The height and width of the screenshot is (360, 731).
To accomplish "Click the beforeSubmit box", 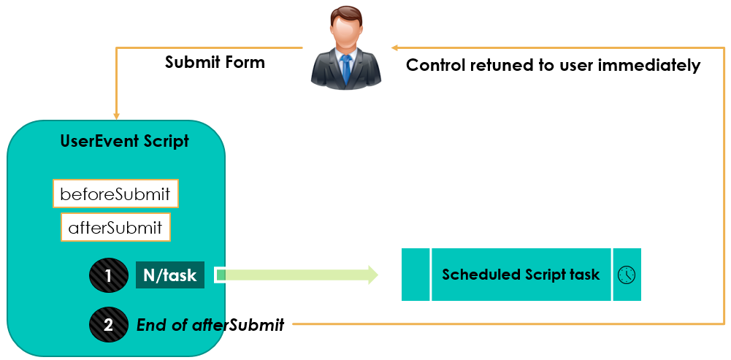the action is (x=115, y=194).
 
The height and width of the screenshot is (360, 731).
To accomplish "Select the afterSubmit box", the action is (x=115, y=228).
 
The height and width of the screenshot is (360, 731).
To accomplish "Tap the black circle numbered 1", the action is (x=109, y=275).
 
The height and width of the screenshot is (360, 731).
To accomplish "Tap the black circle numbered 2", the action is (x=109, y=324).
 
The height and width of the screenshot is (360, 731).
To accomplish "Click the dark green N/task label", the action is (x=170, y=275).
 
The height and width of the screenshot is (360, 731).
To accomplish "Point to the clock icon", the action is (x=627, y=275).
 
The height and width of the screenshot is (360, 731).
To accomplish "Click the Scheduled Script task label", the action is (x=521, y=274).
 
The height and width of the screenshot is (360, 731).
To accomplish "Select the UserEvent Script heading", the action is (x=125, y=141).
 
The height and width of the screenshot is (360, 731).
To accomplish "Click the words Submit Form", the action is (x=215, y=62).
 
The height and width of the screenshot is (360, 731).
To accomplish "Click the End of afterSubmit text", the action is (x=210, y=324).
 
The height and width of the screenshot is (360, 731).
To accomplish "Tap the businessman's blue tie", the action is (x=345, y=69).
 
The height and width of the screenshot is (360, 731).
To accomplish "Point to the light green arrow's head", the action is (x=372, y=275).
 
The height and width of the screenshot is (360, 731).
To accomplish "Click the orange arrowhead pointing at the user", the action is (x=394, y=47).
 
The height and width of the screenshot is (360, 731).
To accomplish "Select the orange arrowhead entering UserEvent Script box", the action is (x=117, y=115).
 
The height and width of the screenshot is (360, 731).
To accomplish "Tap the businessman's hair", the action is (x=346, y=15).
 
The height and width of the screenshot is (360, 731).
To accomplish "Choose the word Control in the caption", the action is (x=436, y=65).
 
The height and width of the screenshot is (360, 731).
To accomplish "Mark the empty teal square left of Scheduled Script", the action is (x=416, y=274).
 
